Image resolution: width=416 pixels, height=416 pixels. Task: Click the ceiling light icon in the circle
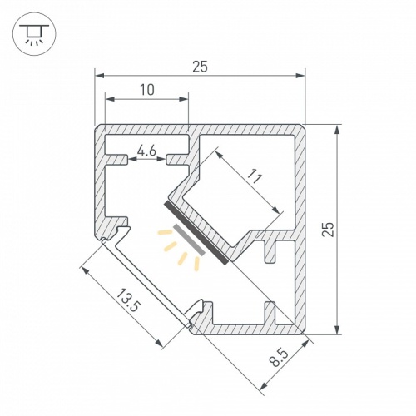(x=34, y=34)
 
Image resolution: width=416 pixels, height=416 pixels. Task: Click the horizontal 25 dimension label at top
(x=200, y=67)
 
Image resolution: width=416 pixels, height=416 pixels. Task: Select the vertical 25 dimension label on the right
(x=329, y=229)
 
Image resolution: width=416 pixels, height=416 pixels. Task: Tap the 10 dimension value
(x=147, y=90)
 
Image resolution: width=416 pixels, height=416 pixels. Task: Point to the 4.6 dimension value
(x=147, y=151)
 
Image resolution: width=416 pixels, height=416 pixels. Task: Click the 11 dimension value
(x=255, y=177)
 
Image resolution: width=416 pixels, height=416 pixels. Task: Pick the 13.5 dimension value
(x=126, y=300)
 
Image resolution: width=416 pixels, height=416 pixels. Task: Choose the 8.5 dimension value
(x=279, y=357)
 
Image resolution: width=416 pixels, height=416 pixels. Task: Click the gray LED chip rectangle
(x=189, y=240)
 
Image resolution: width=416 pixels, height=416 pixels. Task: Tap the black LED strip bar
(x=196, y=232)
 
